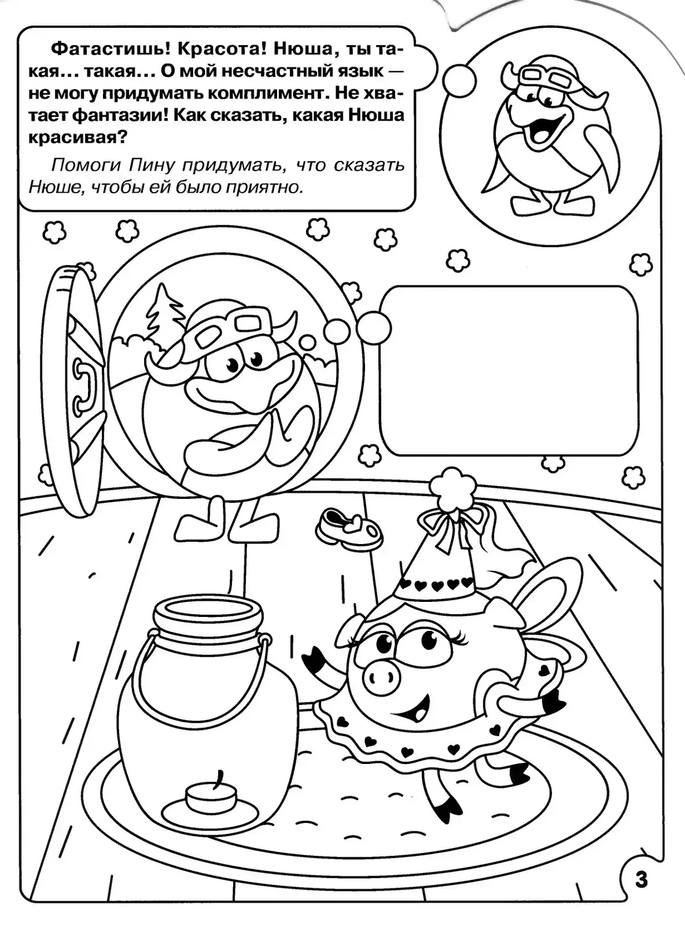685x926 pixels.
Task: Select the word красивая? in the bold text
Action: pyautogui.click(x=77, y=138)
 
